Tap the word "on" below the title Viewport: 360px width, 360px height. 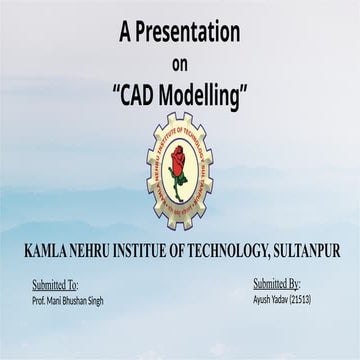point(180,63)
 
